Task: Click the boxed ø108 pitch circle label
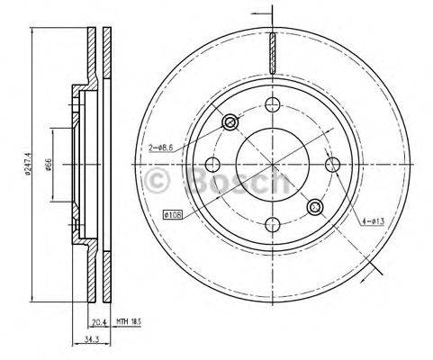click(x=174, y=214)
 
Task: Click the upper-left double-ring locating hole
click(x=229, y=121)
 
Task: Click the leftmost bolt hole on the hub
click(x=212, y=165)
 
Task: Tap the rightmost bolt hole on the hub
click(x=330, y=164)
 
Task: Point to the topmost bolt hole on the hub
click(x=271, y=105)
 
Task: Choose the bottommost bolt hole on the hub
click(x=271, y=223)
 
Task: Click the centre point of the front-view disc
click(x=271, y=165)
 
